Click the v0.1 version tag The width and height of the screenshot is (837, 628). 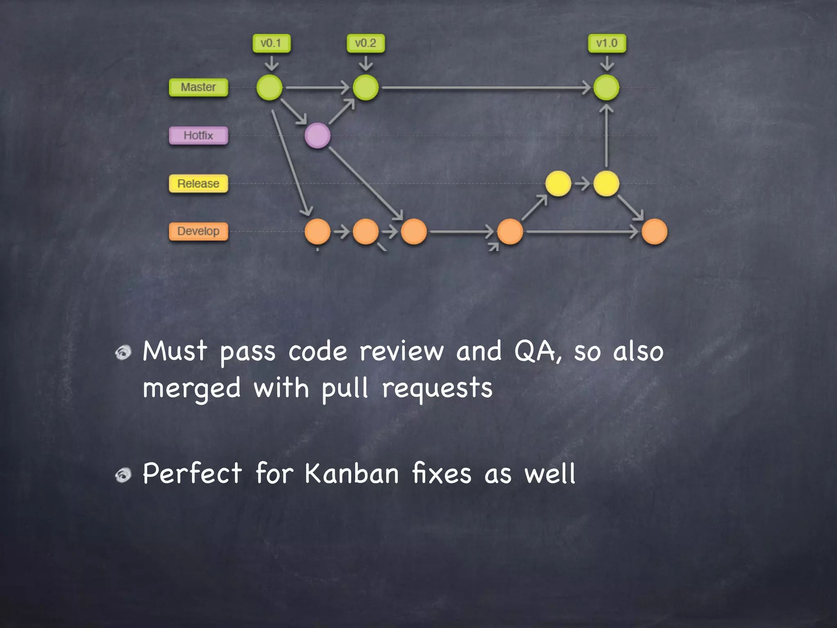click(x=271, y=43)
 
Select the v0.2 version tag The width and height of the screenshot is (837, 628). click(x=365, y=43)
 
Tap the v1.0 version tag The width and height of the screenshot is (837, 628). click(x=606, y=43)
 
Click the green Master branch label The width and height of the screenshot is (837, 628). click(x=198, y=87)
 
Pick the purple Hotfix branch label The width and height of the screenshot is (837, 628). click(x=198, y=136)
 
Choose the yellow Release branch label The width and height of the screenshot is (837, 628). click(x=198, y=184)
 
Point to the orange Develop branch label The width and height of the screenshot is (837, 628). click(x=198, y=231)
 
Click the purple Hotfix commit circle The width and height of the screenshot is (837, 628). click(x=318, y=135)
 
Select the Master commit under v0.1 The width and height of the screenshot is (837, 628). click(x=269, y=87)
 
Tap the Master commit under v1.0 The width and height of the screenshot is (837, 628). click(x=606, y=87)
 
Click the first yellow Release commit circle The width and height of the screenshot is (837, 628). click(x=558, y=184)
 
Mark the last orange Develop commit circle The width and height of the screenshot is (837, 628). click(x=654, y=231)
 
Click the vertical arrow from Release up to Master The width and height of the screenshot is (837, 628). click(x=606, y=136)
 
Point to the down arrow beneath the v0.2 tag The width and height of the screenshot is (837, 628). click(x=365, y=63)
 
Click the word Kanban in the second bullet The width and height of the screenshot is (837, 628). click(x=351, y=473)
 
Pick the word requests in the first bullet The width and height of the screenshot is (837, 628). click(x=437, y=388)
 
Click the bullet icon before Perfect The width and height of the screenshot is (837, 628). click(x=123, y=475)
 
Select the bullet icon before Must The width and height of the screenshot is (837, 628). click(x=123, y=352)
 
